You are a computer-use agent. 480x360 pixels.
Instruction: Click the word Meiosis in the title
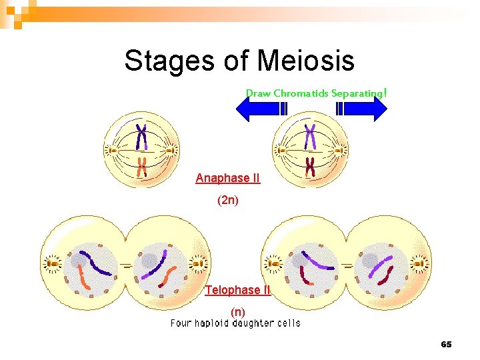[306, 61]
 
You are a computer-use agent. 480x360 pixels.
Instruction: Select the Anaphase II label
[227, 178]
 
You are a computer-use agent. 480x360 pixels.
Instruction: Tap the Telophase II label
[237, 290]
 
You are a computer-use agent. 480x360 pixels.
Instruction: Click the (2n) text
[227, 200]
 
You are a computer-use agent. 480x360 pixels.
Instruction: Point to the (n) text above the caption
[237, 311]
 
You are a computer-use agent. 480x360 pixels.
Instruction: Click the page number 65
[446, 344]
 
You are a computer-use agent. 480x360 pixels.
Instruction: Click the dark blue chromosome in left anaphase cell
[141, 137]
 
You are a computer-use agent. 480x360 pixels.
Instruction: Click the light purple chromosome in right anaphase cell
[310, 137]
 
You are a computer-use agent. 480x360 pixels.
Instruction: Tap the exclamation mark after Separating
[385, 93]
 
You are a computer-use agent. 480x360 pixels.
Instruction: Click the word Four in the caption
[181, 323]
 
